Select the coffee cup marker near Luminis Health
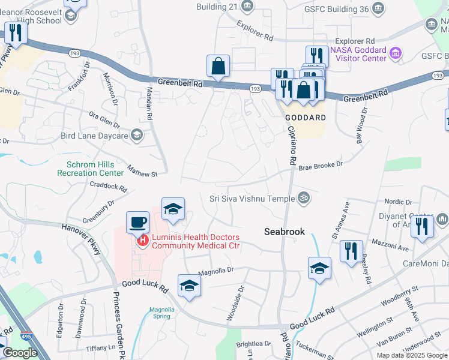[137, 223]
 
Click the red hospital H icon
[143, 241]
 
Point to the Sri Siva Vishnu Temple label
[252, 199]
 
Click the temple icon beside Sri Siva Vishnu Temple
[304, 198]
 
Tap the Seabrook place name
[285, 232]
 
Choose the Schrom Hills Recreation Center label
[90, 168]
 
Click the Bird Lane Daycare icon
[137, 135]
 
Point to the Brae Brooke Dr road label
[321, 164]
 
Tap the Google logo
[20, 353]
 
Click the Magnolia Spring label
[161, 313]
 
